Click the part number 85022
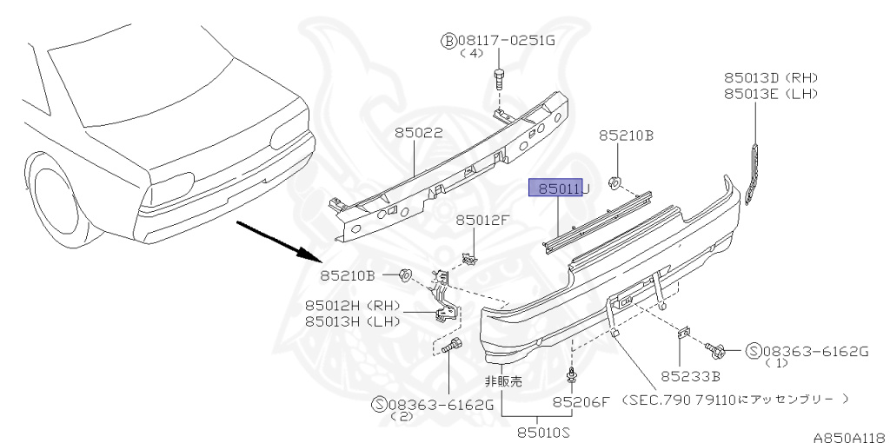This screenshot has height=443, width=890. [x=418, y=134]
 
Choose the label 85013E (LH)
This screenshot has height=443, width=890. [x=772, y=93]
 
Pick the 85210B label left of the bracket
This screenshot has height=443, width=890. [x=347, y=276]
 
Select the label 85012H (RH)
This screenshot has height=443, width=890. [x=351, y=306]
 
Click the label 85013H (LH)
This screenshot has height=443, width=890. [x=351, y=321]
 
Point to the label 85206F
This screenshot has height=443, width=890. [x=582, y=402]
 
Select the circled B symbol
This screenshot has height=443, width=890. [x=448, y=40]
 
